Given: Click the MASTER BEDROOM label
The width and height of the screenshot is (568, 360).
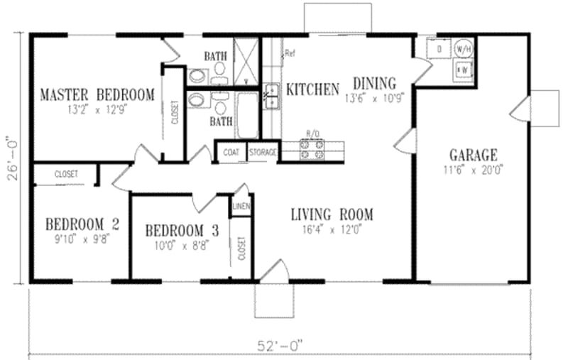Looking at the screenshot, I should pyautogui.click(x=97, y=94).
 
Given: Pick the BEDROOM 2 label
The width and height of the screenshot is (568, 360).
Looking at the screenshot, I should pyautogui.click(x=82, y=224).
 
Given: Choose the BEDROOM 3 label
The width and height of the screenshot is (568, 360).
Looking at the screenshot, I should pyautogui.click(x=181, y=231).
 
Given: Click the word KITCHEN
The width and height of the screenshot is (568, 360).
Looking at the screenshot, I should pyautogui.click(x=312, y=89).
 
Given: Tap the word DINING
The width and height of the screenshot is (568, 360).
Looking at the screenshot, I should pyautogui.click(x=374, y=83).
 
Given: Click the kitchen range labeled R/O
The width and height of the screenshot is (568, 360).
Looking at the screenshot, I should pyautogui.click(x=313, y=148).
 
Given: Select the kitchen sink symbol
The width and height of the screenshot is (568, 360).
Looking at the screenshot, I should pyautogui.click(x=271, y=97).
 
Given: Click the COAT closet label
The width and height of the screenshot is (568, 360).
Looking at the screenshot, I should pyautogui.click(x=231, y=151).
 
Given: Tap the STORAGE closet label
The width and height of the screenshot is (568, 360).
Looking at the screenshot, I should pyautogui.click(x=262, y=151).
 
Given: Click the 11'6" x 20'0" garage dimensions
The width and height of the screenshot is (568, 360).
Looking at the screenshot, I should pyautogui.click(x=473, y=170).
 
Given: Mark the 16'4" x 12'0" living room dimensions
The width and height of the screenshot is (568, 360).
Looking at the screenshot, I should pyautogui.click(x=332, y=229).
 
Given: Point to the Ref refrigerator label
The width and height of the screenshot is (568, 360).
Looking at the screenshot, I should pyautogui.click(x=290, y=53).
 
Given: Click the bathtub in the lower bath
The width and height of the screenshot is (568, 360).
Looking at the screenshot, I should pyautogui.click(x=247, y=116).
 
